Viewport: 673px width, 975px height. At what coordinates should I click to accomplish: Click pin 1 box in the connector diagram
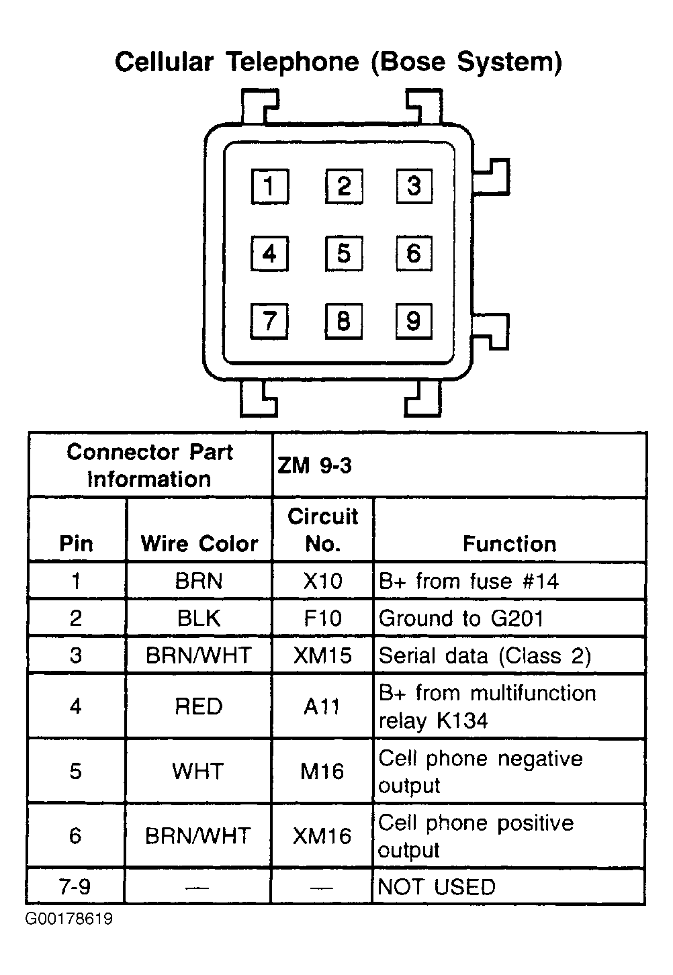(270, 186)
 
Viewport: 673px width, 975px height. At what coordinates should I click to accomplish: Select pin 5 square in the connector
(344, 253)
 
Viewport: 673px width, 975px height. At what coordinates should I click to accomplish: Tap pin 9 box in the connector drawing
(414, 321)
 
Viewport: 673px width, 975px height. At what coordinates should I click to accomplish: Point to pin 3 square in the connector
(414, 186)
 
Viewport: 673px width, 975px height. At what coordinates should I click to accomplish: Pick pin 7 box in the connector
(269, 321)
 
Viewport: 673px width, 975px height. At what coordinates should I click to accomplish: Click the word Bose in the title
(408, 62)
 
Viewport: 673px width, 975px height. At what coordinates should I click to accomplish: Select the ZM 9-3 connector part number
(314, 466)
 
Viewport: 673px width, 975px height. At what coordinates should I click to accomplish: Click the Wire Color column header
(199, 544)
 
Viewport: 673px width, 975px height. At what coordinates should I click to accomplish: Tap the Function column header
(509, 544)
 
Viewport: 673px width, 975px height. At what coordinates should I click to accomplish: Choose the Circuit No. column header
(322, 530)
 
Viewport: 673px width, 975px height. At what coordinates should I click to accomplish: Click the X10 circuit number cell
(322, 581)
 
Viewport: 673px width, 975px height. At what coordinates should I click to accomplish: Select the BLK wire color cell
(199, 618)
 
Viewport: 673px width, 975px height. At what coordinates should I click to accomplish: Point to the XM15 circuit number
(322, 655)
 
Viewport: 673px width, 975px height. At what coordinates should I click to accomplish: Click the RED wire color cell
(199, 706)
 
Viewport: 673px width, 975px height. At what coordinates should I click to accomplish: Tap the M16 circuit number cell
(322, 772)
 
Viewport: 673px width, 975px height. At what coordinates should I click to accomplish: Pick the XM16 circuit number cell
(322, 836)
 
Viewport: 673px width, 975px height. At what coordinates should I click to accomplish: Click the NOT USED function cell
(437, 887)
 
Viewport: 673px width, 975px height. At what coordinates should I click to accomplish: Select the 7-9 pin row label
(75, 886)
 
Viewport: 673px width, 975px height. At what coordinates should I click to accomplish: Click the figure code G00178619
(69, 919)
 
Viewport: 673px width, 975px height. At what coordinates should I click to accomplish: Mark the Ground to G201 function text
(461, 618)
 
